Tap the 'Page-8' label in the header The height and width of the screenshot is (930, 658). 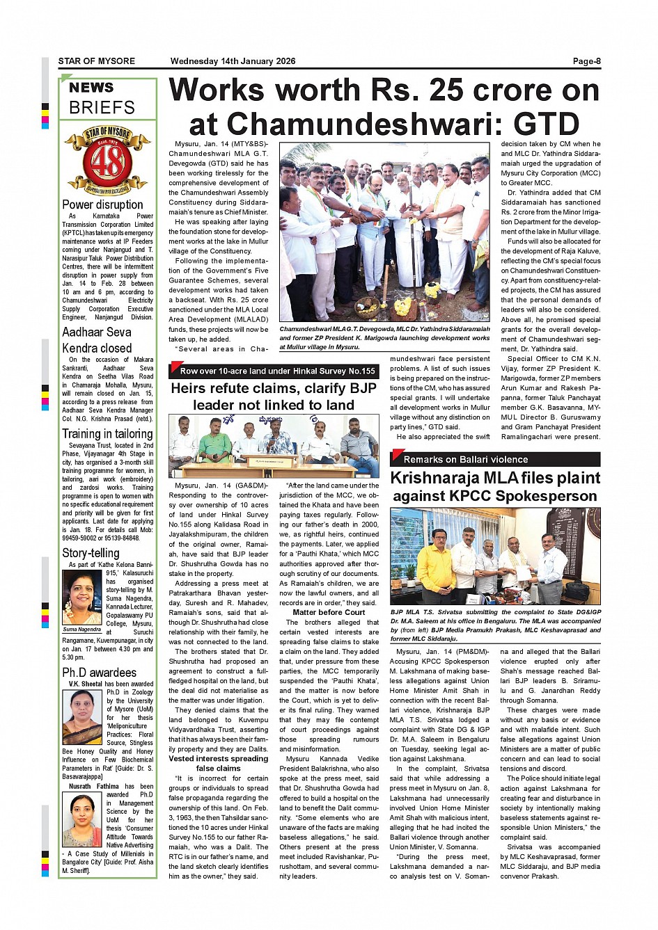pyautogui.click(x=586, y=61)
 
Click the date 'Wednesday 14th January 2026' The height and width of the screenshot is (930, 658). pyautogui.click(x=233, y=61)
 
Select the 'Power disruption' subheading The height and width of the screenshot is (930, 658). pyautogui.click(x=102, y=205)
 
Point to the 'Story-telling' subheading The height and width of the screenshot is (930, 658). pyautogui.click(x=91, y=553)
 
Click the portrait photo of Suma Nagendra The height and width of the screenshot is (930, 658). pyautogui.click(x=83, y=598)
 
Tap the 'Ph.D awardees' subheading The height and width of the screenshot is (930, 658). pyautogui.click(x=99, y=673)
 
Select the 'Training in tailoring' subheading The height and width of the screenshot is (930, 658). pyautogui.click(x=107, y=433)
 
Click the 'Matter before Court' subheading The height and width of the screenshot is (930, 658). pyautogui.click(x=329, y=612)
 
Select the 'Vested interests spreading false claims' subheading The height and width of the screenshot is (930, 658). pyautogui.click(x=218, y=763)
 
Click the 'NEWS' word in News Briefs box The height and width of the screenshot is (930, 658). pyautogui.click(x=91, y=88)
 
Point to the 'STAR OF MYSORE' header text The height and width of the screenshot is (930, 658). pyautogui.click(x=97, y=61)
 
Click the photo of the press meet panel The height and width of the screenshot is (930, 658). pyautogui.click(x=274, y=446)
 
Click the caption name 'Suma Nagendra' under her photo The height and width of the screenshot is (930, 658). pyautogui.click(x=83, y=629)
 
